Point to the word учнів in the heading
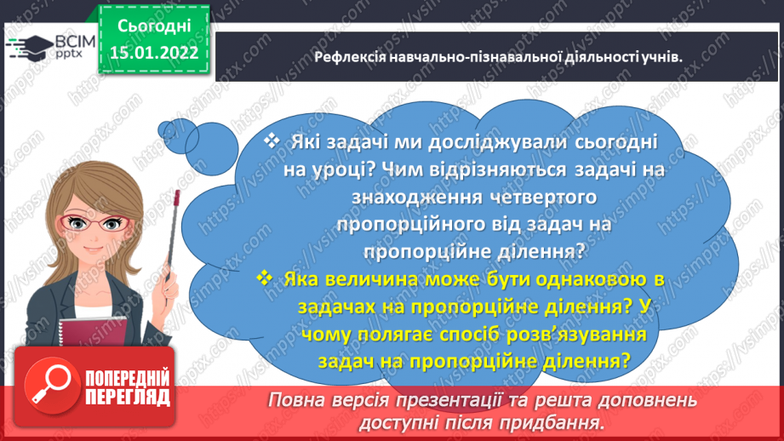665,57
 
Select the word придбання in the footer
562,421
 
